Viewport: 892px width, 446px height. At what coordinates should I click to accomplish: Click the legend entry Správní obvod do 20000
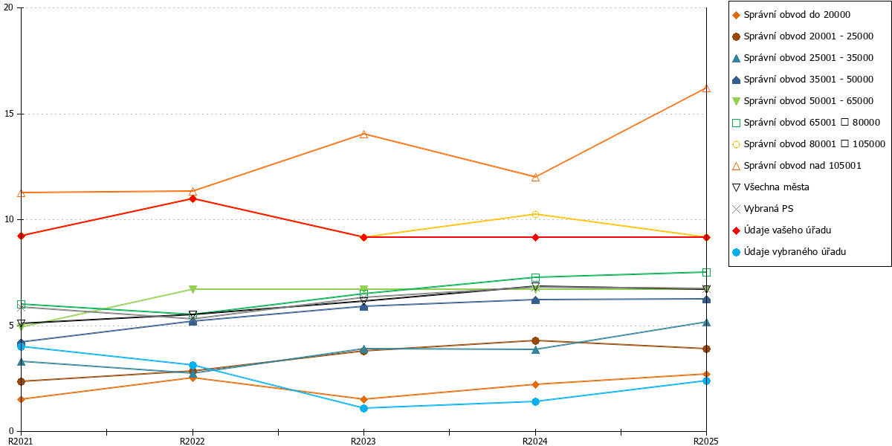[791, 15]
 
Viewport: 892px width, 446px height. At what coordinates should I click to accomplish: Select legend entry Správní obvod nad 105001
[796, 166]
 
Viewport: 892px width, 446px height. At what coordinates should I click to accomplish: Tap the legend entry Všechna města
[771, 187]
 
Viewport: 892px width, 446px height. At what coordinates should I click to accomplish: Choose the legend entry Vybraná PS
[763, 209]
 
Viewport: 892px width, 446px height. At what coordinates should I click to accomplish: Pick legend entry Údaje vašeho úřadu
[781, 230]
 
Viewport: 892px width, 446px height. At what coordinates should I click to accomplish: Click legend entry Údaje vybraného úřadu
[789, 252]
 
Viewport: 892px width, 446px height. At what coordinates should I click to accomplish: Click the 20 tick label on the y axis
[8, 7]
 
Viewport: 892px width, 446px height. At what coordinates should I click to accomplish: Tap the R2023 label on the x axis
[363, 442]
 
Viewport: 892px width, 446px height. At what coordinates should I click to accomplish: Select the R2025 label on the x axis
[706, 442]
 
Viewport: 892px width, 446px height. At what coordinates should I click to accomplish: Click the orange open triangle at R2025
[706, 88]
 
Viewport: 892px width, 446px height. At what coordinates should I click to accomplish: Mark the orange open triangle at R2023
[363, 135]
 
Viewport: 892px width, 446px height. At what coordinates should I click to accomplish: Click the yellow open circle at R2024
[536, 215]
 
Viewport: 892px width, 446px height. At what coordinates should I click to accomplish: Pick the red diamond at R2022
[193, 198]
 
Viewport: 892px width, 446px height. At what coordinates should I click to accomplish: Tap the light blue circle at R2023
[363, 408]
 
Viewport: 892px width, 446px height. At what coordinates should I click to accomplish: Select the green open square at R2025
[706, 272]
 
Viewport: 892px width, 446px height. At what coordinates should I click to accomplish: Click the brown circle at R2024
[536, 341]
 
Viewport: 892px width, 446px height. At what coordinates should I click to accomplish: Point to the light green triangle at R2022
[193, 289]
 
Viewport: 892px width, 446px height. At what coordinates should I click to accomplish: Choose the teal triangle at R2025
[706, 323]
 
